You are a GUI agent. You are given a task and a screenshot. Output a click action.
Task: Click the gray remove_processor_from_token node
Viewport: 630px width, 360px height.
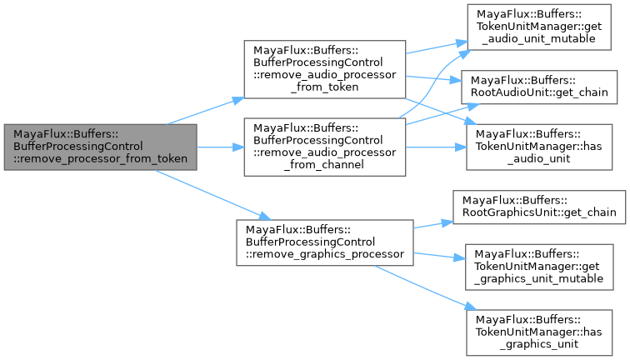[x=100, y=147]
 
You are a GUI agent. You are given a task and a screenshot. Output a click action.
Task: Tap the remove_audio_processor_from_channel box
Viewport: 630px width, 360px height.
[x=323, y=147]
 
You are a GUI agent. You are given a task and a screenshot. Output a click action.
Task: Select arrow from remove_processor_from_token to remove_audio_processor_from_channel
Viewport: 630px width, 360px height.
[x=219, y=147]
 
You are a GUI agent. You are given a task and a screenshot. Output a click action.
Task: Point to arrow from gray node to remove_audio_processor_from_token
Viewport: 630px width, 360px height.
[x=204, y=112]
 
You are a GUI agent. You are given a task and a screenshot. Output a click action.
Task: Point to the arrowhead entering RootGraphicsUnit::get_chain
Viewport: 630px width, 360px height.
[x=447, y=221]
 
